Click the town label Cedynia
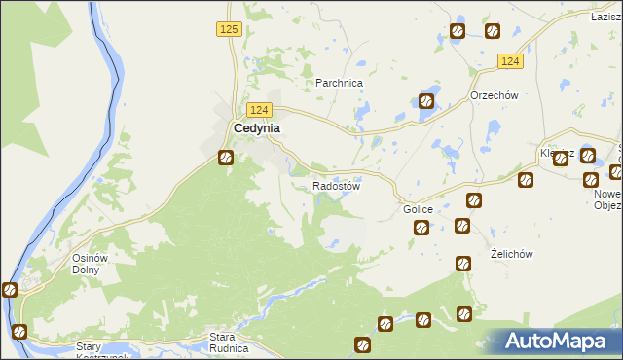[x=257, y=128]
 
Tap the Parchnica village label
[x=339, y=84]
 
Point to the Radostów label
[x=337, y=186]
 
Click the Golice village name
[x=418, y=210]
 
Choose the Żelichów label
[x=511, y=254]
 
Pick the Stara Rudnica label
[x=230, y=342]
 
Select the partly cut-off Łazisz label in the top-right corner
[x=605, y=18]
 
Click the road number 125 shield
[x=229, y=30]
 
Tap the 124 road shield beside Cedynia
[x=258, y=110]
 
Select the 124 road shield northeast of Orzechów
[x=511, y=61]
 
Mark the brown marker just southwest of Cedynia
[x=226, y=157]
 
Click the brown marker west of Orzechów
[x=425, y=100]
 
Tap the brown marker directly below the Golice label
[x=421, y=228]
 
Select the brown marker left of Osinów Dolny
[x=10, y=289]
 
